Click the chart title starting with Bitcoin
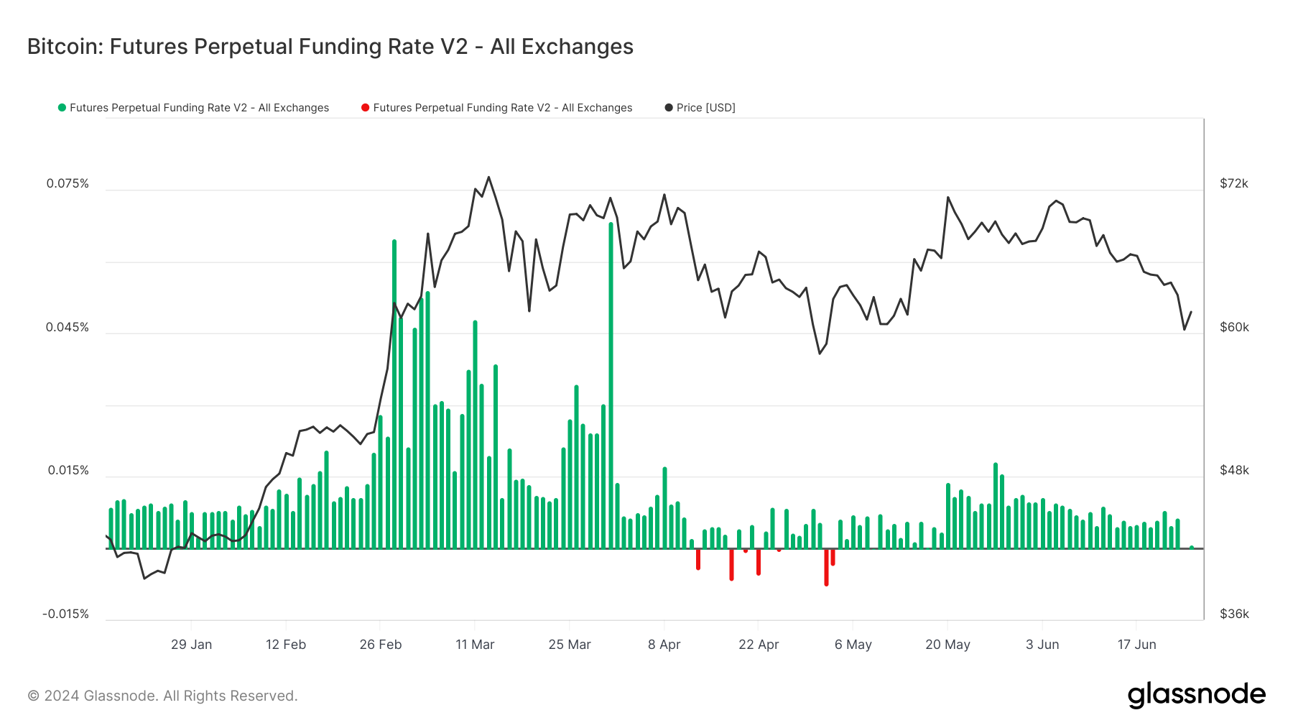(x=330, y=47)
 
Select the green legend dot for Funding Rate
(x=62, y=108)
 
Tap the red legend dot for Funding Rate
(x=366, y=108)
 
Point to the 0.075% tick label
(x=68, y=183)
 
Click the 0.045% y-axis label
(x=68, y=327)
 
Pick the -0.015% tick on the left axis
(x=65, y=614)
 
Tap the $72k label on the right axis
(x=1234, y=183)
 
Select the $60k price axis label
(x=1234, y=327)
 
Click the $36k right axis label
(x=1234, y=614)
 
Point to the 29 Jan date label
(x=191, y=645)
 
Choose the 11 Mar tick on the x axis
(x=475, y=645)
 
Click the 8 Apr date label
(x=664, y=645)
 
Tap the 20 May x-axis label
(x=947, y=645)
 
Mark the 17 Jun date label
(x=1136, y=645)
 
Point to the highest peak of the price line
(x=488, y=177)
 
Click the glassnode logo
(x=1196, y=695)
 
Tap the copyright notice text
(x=162, y=696)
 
